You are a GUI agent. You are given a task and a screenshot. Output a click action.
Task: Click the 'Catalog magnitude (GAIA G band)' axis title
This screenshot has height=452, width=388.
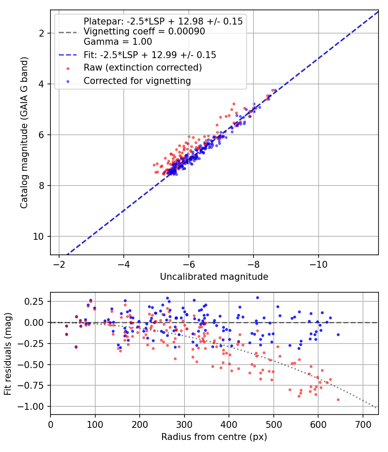tap(24, 133)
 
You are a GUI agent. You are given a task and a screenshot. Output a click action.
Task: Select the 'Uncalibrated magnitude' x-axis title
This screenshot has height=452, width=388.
tap(214, 277)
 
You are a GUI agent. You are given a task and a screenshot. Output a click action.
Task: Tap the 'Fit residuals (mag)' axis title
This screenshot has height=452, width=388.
tap(7, 354)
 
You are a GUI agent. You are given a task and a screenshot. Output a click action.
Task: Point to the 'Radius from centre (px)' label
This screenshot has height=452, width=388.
tap(214, 437)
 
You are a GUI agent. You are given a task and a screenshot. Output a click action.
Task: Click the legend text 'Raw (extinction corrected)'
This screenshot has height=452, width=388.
tap(143, 68)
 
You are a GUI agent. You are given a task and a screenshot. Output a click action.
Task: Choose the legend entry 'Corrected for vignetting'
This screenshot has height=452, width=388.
tap(137, 81)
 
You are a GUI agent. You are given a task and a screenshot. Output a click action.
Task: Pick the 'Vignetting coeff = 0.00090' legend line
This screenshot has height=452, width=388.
tap(144, 31)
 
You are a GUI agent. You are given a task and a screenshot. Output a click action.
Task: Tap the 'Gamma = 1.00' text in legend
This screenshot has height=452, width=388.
tap(118, 42)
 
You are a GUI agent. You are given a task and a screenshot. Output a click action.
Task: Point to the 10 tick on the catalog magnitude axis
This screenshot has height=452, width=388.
tap(38, 236)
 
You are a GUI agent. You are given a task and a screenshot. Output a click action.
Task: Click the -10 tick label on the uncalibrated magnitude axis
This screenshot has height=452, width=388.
tap(319, 264)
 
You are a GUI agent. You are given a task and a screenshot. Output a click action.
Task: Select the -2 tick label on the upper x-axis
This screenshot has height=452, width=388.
tap(59, 264)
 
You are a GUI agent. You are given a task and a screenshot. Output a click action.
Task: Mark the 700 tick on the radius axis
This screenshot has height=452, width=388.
tap(363, 424)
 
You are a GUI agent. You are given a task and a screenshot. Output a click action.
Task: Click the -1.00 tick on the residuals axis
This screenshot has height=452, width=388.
tap(31, 406)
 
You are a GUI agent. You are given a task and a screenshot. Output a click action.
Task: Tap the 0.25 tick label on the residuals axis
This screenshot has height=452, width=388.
tap(34, 301)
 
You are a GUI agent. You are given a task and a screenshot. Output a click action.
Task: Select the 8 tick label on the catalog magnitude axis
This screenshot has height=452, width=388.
tap(41, 186)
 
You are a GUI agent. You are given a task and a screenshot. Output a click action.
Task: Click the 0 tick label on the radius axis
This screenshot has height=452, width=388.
tap(50, 424)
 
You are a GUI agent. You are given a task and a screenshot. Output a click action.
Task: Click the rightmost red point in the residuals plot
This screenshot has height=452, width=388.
tap(338, 399)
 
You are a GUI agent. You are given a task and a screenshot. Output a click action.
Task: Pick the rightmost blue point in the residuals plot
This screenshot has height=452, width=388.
tap(338, 334)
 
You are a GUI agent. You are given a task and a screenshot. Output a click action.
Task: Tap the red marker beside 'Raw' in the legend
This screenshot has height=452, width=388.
tap(68, 68)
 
